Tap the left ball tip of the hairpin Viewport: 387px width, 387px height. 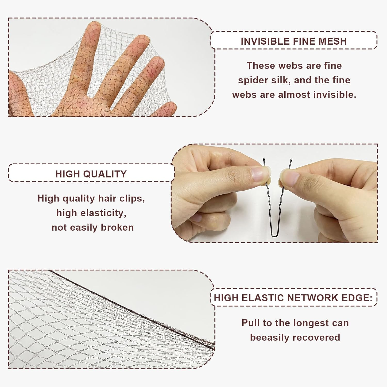coord(264,160)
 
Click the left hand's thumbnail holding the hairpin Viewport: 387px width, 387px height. coord(259,176)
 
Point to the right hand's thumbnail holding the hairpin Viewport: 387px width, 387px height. coord(289,178)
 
